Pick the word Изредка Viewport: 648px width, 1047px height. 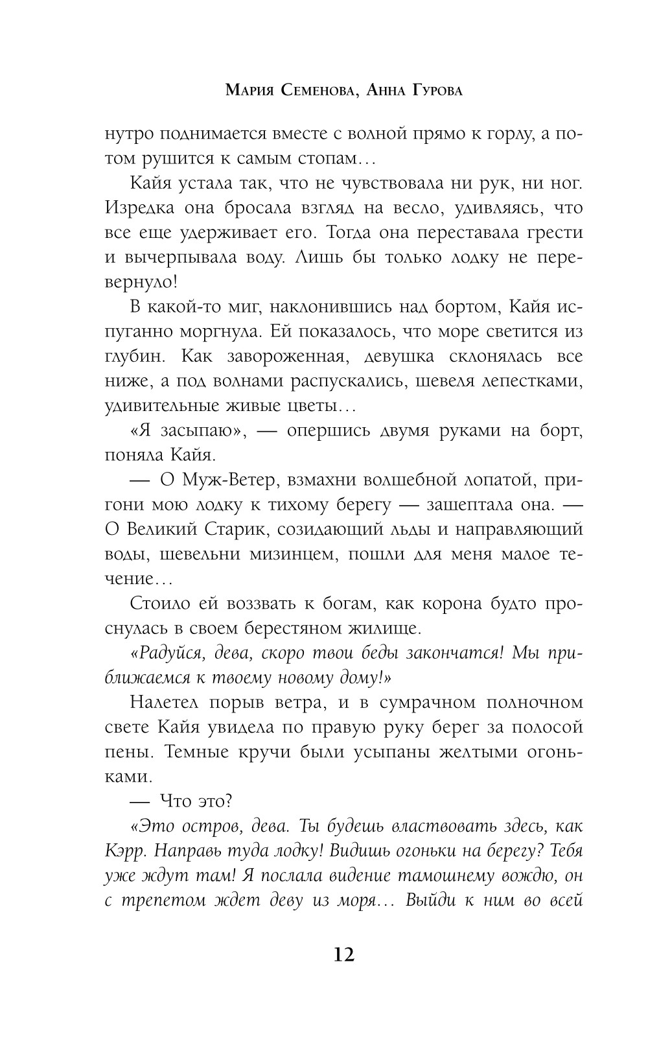coord(142,208)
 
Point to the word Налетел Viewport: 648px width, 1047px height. coord(163,703)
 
